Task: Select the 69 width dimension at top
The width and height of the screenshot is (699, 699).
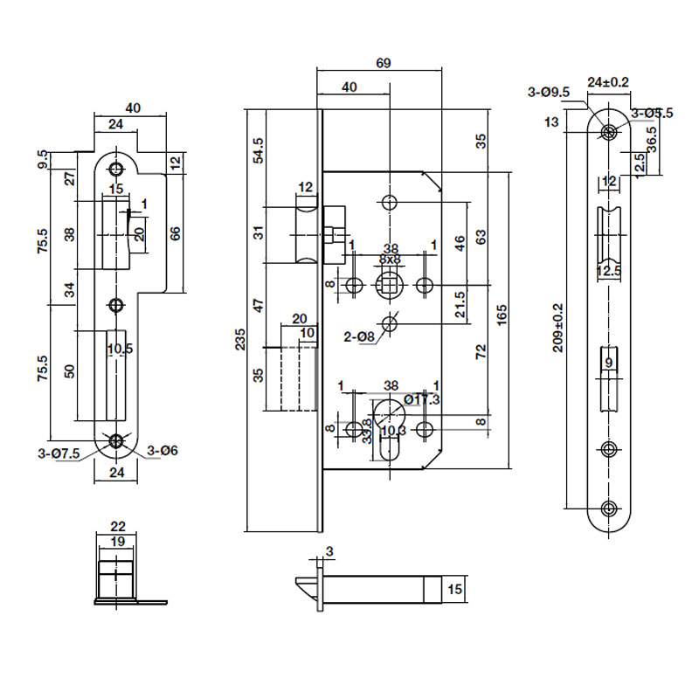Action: click(382, 63)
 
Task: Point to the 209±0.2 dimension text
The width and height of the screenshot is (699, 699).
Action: click(558, 328)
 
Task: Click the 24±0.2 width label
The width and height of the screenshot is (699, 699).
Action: click(609, 82)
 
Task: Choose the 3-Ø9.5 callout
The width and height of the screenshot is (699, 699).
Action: click(549, 92)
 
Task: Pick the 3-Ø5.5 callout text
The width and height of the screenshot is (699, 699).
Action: click(651, 113)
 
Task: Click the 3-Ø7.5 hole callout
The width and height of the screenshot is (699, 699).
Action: click(59, 453)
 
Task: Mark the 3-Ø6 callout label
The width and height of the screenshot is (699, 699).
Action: click(163, 451)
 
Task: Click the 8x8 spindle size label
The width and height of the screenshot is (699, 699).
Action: click(390, 260)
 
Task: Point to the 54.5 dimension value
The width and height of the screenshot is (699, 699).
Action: click(258, 150)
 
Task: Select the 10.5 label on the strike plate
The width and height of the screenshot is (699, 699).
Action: click(119, 349)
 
